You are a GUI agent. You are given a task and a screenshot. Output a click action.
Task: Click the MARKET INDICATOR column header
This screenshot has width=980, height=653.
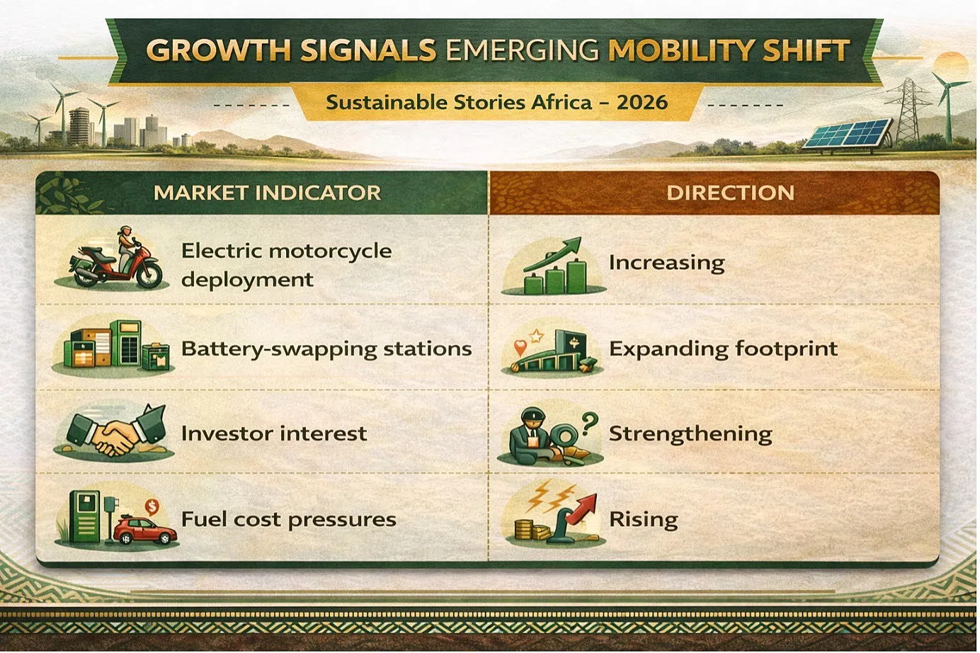[x=268, y=193]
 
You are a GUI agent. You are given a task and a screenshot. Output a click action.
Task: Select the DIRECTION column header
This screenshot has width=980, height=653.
[x=730, y=193]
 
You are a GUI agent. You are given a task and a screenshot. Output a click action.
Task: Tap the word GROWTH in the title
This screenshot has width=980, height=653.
[x=218, y=50]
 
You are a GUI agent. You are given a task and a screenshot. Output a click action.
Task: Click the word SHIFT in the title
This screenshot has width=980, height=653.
[x=806, y=50]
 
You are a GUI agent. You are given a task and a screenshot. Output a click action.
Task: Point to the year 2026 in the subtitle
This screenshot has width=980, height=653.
[x=642, y=103]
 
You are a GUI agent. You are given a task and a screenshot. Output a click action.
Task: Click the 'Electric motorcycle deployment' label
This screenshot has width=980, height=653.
[x=287, y=265]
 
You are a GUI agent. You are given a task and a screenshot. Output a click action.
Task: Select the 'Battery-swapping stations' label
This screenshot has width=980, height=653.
[x=327, y=349]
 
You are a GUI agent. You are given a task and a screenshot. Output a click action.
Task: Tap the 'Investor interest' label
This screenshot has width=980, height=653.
[x=274, y=433]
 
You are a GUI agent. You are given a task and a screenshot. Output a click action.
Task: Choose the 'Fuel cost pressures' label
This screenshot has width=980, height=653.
[x=289, y=520]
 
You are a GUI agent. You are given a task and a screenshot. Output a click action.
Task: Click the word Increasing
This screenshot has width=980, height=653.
[x=667, y=263]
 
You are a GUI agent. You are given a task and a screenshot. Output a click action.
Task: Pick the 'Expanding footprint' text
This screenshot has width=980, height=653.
[x=724, y=349]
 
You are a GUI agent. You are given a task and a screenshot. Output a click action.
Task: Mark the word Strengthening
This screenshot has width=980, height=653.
[x=690, y=434]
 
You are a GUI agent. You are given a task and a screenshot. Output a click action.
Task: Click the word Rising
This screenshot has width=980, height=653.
[x=644, y=520]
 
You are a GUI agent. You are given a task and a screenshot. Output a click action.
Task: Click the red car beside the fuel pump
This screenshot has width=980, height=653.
[x=145, y=530]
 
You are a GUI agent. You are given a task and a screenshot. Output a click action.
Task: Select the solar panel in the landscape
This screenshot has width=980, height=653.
[x=847, y=134]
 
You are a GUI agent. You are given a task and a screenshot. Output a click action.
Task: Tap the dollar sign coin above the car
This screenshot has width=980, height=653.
[x=152, y=507]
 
